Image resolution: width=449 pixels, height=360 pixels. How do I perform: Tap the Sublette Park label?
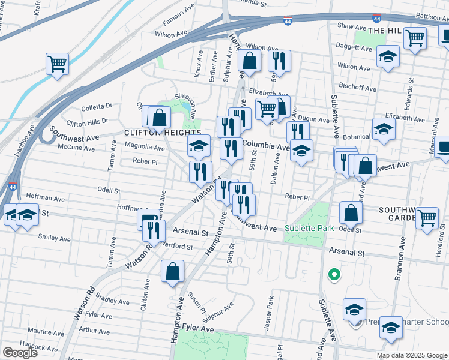pyautogui.click(x=310, y=228)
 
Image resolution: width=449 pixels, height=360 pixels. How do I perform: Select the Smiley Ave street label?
pyautogui.click(x=54, y=238)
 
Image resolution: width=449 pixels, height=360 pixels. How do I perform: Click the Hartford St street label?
pyautogui.click(x=176, y=247)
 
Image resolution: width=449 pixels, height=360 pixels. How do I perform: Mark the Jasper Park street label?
pyautogui.click(x=269, y=312)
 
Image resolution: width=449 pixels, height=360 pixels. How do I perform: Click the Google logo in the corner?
pyautogui.click(x=20, y=353)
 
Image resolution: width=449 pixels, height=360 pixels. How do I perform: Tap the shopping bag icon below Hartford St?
pyautogui.click(x=173, y=271)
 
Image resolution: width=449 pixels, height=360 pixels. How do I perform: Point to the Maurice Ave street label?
pyautogui.click(x=45, y=331)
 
